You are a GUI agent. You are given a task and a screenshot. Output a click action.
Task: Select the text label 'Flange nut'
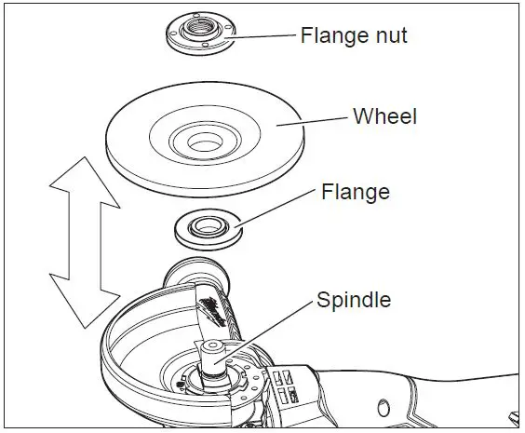pyautogui.click(x=355, y=36)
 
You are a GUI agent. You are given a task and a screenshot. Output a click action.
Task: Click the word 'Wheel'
pyautogui.click(x=384, y=117)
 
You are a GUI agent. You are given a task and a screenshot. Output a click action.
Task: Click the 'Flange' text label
pyautogui.click(x=355, y=193)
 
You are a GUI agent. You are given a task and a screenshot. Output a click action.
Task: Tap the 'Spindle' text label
pyautogui.click(x=354, y=300)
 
